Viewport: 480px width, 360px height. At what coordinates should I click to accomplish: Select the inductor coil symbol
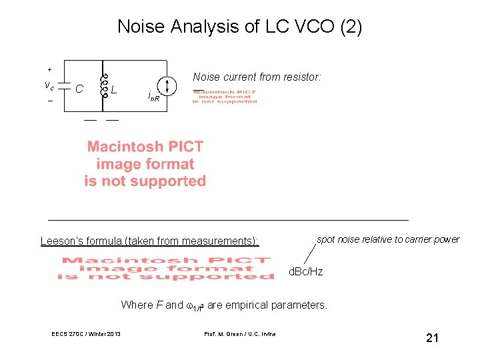103,85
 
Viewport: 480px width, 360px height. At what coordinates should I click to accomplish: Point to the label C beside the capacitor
79,87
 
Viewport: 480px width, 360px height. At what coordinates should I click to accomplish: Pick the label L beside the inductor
115,88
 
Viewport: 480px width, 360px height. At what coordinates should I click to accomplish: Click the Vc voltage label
49,85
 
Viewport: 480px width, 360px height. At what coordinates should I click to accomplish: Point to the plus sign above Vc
49,69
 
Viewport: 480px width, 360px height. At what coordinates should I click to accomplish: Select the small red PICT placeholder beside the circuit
225,97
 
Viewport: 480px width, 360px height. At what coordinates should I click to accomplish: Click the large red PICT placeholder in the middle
145,164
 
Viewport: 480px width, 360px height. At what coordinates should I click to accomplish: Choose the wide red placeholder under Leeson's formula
166,269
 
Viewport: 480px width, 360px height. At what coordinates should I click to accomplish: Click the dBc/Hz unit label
305,272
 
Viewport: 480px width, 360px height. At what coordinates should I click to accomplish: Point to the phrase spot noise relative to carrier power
388,239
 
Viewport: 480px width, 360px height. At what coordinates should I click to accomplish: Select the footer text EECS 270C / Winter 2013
86,333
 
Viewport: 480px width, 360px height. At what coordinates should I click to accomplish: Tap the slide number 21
432,339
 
